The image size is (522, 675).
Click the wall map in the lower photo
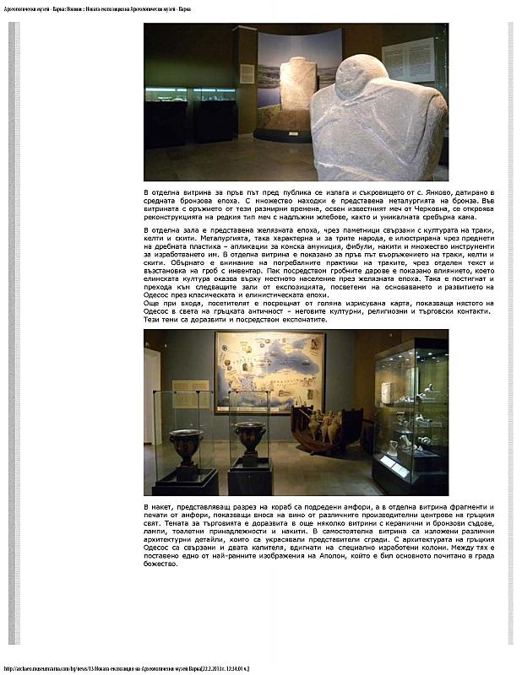point(269,370)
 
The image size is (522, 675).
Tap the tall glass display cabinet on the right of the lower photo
point(411,413)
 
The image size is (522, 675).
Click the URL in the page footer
point(127,667)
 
